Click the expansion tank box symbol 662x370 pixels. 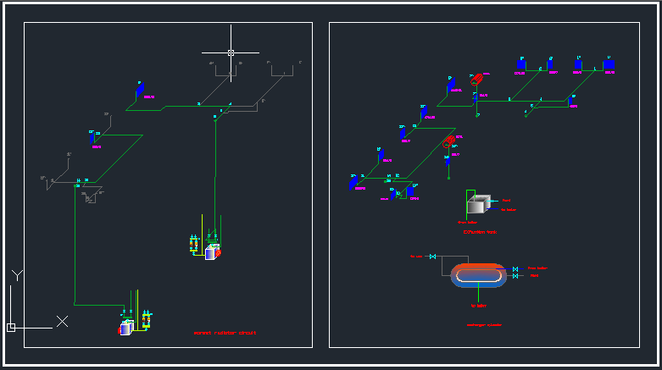(x=479, y=205)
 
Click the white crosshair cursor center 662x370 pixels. (x=231, y=52)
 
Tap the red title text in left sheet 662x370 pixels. (x=225, y=333)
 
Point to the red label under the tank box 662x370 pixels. (x=479, y=231)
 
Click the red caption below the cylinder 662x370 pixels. (x=483, y=324)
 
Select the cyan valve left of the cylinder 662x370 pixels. (x=433, y=257)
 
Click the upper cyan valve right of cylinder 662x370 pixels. (x=515, y=268)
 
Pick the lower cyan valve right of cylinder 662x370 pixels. (x=515, y=276)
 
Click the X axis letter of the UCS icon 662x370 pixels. (x=62, y=321)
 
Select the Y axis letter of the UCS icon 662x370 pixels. (x=17, y=275)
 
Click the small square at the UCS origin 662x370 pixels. (x=11, y=327)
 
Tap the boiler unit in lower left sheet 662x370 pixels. (x=126, y=328)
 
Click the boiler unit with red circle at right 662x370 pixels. (x=212, y=251)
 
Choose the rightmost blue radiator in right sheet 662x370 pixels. (x=609, y=64)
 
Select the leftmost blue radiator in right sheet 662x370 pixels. (x=353, y=182)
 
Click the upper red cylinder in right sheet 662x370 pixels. (x=478, y=79)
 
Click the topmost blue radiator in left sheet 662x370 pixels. (x=140, y=87)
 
